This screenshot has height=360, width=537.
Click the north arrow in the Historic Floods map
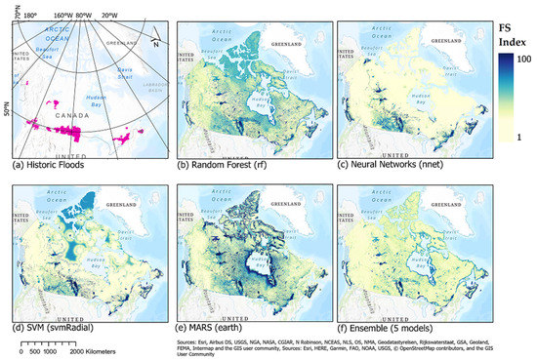[x=154, y=42]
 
